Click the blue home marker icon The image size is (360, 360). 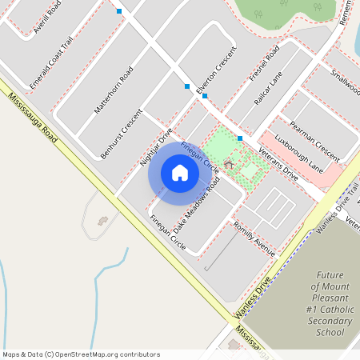click(x=179, y=173)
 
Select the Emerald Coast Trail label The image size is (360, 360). click(x=50, y=68)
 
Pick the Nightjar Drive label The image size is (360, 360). click(x=156, y=148)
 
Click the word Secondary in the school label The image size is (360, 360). click(x=330, y=320)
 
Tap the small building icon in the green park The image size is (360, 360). click(x=229, y=165)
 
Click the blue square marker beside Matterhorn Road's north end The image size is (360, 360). click(x=119, y=11)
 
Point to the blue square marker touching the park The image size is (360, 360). click(x=239, y=138)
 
